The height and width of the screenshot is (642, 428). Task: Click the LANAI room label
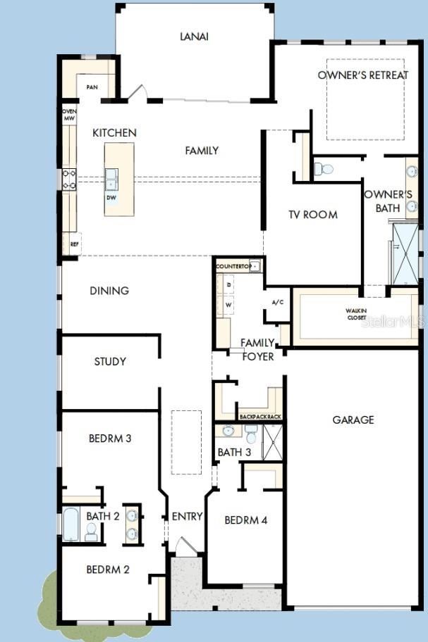(195, 35)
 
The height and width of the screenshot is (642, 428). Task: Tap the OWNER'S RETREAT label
(362, 75)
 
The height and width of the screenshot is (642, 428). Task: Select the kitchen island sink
(111, 178)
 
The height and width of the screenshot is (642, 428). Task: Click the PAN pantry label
(92, 87)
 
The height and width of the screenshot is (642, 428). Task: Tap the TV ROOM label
(312, 214)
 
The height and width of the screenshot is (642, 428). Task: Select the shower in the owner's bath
(405, 251)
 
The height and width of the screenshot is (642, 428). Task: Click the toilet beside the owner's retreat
(324, 169)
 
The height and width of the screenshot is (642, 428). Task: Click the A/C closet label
(277, 302)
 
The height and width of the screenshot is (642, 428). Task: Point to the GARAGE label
(353, 420)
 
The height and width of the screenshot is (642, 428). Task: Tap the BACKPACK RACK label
(260, 417)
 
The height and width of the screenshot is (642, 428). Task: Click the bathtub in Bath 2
(71, 524)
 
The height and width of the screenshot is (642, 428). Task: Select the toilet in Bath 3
(251, 435)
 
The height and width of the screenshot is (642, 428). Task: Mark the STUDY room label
(110, 361)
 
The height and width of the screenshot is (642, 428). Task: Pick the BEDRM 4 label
(246, 520)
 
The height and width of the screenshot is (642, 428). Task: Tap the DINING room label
(109, 290)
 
